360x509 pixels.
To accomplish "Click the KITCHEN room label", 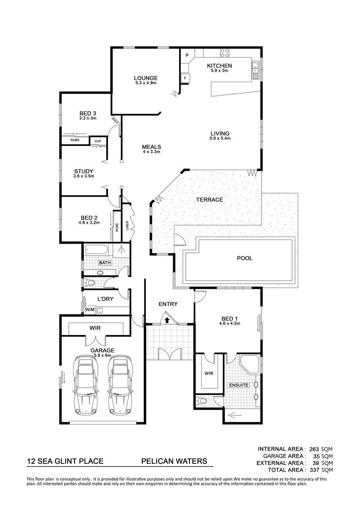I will (220, 66).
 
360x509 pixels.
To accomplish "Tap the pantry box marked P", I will (187, 56).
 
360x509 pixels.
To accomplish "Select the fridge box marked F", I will (186, 78).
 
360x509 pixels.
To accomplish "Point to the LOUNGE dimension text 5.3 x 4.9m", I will (145, 83).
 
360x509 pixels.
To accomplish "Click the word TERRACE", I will (210, 200).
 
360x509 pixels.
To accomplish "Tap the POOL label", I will (245, 258).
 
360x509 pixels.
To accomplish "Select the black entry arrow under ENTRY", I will (167, 320).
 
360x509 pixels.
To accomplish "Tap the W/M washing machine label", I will (90, 310).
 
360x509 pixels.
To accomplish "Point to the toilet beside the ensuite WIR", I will (201, 401).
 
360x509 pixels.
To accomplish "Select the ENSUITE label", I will (238, 385).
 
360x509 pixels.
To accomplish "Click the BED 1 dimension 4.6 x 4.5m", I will (229, 324).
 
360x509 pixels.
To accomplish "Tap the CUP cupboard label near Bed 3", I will (98, 141).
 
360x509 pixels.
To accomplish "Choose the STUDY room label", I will (84, 172).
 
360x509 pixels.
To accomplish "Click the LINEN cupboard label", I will (127, 226).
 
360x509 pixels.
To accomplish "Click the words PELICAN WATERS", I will (174, 462).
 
